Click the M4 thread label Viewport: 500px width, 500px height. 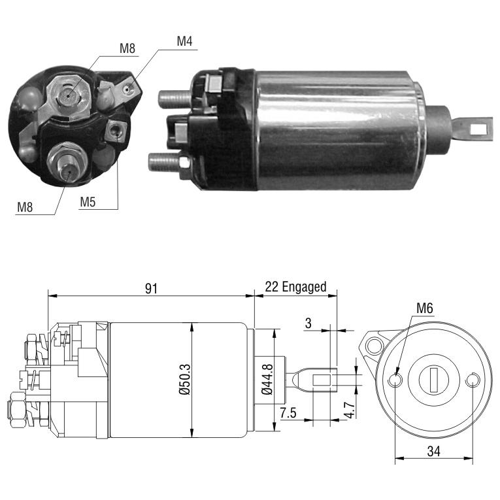tap(184, 41)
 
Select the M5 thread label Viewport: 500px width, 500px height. tap(88, 202)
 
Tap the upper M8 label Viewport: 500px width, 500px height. tap(127, 48)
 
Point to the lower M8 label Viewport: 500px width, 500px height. tap(25, 207)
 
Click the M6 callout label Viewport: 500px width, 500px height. tap(425, 308)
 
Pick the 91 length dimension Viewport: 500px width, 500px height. tap(151, 288)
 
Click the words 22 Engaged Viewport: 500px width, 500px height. tap(295, 287)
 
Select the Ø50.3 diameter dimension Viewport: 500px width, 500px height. tap(184, 380)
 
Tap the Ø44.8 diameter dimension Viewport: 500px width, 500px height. tap(267, 379)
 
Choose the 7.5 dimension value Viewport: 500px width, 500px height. tap(288, 412)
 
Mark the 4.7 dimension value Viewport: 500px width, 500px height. tap(350, 410)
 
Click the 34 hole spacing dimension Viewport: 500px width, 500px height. tap(434, 451)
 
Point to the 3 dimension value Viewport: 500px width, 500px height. tap(308, 323)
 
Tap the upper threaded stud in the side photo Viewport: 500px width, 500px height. tap(175, 99)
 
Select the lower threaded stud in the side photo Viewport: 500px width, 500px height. tap(164, 162)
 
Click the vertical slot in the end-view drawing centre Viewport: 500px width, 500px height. tap(433, 380)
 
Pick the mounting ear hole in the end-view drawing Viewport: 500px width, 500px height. tap(374, 345)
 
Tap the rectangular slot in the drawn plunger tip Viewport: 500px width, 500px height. tap(322, 380)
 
